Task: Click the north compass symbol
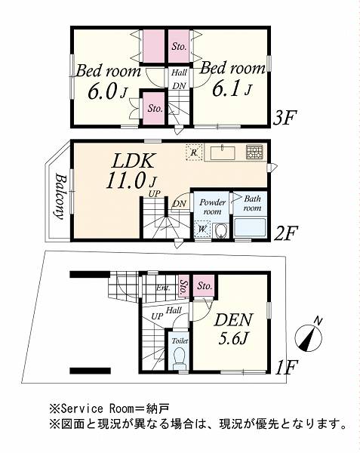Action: click(309, 337)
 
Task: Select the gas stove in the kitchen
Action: click(254, 152)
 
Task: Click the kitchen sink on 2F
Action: click(223, 153)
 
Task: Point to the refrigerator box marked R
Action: click(194, 152)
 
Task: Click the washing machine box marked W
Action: click(202, 230)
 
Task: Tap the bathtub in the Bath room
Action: click(250, 228)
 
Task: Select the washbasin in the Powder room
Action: click(221, 231)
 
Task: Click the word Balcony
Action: click(59, 196)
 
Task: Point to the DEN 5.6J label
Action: click(234, 328)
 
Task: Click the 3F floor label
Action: click(285, 118)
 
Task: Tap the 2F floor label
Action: click(285, 233)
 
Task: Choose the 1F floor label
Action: click(286, 368)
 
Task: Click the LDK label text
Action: click(133, 162)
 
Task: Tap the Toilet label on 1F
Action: click(180, 341)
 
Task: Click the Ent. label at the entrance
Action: click(164, 288)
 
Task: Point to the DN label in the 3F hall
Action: click(180, 85)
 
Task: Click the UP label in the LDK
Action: click(155, 193)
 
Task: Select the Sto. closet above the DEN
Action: click(205, 285)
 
